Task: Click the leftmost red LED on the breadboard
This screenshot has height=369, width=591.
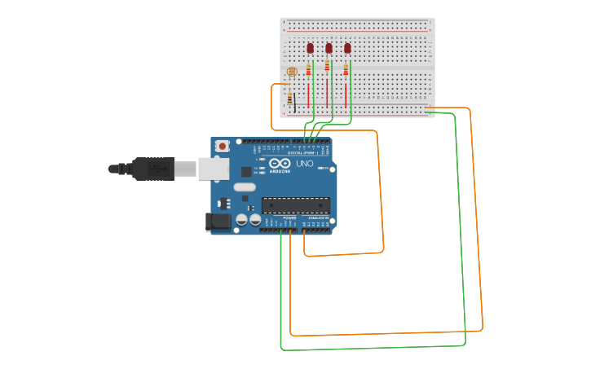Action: [310, 48]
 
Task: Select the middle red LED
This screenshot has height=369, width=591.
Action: [329, 48]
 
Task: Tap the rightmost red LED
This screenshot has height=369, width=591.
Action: [347, 48]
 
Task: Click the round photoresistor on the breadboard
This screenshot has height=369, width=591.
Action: [292, 72]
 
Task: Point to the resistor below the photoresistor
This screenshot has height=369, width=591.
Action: [289, 99]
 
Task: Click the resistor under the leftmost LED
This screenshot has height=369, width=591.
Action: [308, 70]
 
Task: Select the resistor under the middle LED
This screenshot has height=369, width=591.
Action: [327, 65]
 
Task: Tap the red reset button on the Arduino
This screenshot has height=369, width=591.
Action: [222, 146]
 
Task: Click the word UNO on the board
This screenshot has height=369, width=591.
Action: [304, 164]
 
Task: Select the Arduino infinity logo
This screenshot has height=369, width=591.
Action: [280, 163]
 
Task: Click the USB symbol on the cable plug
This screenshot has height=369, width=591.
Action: [158, 169]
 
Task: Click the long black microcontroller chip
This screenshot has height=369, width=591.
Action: [296, 205]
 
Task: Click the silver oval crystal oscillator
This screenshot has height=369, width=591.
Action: [244, 187]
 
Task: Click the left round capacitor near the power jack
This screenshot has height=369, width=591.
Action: [242, 220]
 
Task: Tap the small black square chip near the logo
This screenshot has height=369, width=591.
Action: [246, 172]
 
